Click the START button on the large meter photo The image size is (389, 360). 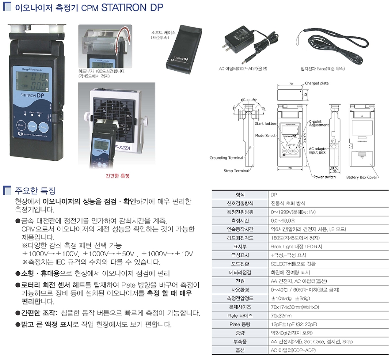coord(33,126)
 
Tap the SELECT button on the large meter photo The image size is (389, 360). coord(20,125)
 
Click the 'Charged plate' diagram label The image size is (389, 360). coord(317,83)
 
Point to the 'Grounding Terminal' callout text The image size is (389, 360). coord(226,158)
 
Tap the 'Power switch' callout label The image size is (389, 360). coord(325,177)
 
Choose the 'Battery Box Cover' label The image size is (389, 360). coord(362,177)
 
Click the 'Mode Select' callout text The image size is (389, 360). coord(265,136)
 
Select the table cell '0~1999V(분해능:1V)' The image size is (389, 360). coord(293,212)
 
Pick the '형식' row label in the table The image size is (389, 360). coord(240,195)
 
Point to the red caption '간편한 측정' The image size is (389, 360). coord(118,176)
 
